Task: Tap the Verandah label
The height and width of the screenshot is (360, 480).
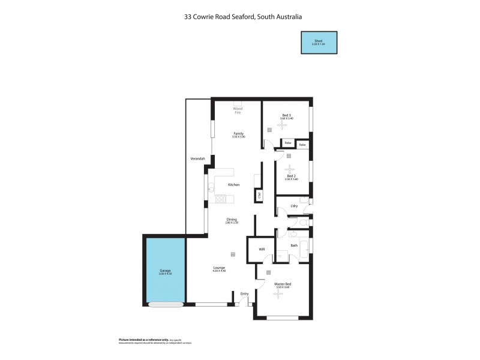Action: click(198, 158)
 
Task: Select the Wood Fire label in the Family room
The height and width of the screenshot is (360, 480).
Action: click(238, 110)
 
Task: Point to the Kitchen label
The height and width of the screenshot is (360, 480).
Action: click(233, 185)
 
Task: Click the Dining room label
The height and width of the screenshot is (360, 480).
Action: click(232, 220)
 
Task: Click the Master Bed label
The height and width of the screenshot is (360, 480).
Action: click(282, 285)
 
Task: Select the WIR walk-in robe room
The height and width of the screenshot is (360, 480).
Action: click(262, 249)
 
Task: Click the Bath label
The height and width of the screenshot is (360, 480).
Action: click(294, 245)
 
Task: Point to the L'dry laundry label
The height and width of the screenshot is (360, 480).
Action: click(294, 206)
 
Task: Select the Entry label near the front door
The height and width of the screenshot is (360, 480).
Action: click(244, 293)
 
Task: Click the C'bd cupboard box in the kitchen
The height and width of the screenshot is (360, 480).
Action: click(259, 194)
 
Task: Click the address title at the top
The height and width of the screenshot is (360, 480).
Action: click(242, 17)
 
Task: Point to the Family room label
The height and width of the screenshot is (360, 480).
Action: click(238, 134)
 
